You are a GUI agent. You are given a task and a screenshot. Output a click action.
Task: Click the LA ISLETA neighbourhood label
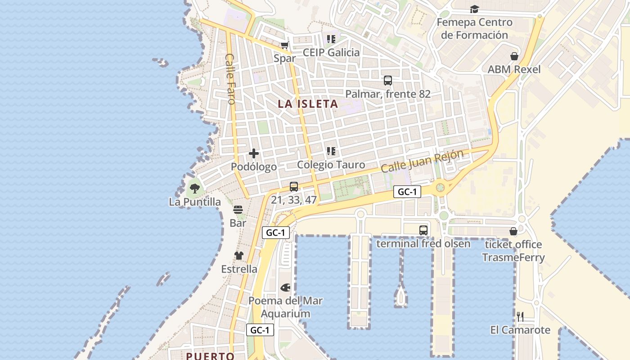(x=308, y=104)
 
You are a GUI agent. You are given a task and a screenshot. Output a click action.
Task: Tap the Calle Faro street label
(x=230, y=79)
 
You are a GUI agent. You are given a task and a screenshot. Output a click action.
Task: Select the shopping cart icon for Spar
(x=284, y=45)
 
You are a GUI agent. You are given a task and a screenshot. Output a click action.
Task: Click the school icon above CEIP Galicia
(x=331, y=39)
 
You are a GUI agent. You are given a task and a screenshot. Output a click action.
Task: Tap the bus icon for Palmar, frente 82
(x=388, y=81)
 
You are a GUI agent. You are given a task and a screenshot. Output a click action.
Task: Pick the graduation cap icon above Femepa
(x=474, y=9)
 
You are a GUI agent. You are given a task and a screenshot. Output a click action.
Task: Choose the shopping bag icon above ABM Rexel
(x=514, y=56)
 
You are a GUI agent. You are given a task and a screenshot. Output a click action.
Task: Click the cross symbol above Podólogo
(x=254, y=153)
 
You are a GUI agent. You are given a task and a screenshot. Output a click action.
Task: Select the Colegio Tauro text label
(x=331, y=165)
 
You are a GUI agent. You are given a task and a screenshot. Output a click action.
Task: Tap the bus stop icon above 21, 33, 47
(x=294, y=186)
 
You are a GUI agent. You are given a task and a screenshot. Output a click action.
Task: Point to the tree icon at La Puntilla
(x=194, y=189)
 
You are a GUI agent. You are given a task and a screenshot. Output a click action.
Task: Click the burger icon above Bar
(x=238, y=210)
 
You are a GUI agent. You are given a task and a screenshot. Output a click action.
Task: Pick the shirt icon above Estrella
(x=239, y=256)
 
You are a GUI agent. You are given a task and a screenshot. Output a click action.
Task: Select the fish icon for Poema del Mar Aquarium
(x=285, y=287)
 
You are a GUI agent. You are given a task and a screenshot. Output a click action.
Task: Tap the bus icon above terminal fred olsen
(x=423, y=230)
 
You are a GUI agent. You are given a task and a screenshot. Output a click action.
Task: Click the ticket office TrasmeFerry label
(x=513, y=251)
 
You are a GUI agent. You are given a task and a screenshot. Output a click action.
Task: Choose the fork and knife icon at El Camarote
(x=520, y=317)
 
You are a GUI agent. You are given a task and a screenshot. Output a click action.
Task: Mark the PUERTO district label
(x=210, y=356)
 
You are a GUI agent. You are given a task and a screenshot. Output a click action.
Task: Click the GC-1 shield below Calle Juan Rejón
(x=407, y=192)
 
